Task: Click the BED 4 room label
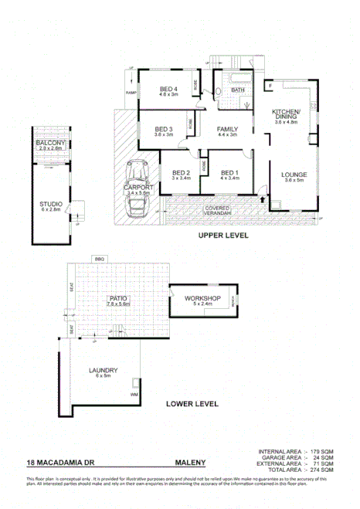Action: [168, 90]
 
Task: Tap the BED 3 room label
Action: [162, 128]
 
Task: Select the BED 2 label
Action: [181, 172]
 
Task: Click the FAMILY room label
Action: [226, 128]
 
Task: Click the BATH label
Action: [237, 90]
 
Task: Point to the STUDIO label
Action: [51, 204]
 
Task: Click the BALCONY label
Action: [50, 144]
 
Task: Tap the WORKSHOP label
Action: [203, 298]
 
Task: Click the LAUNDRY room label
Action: [103, 370]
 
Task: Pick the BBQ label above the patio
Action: [99, 258]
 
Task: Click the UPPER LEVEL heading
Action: [222, 236]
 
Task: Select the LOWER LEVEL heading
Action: [192, 403]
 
